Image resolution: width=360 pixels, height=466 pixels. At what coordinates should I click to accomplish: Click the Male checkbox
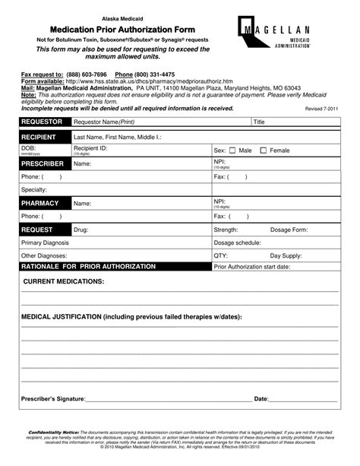[x=233, y=151]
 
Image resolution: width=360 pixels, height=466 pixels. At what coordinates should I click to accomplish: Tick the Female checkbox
[x=264, y=151]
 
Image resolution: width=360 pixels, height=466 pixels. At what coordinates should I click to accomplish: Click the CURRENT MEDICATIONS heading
[x=65, y=281]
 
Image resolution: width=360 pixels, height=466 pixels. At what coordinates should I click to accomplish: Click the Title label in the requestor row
[x=258, y=122]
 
